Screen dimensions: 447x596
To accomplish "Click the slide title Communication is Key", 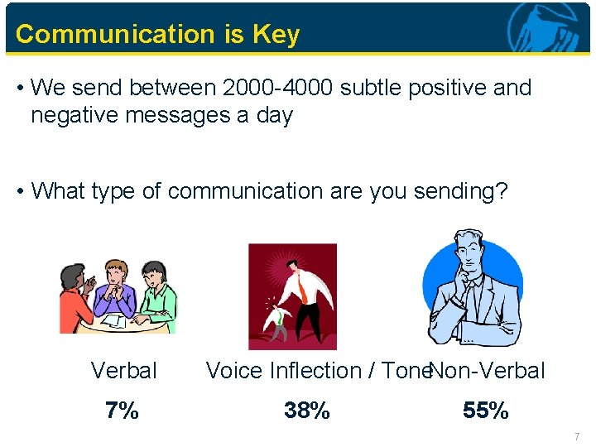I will (157, 35).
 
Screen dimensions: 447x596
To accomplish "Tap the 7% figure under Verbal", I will (122, 410).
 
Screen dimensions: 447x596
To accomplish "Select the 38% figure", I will (307, 410).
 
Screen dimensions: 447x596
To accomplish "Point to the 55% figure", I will (486, 410).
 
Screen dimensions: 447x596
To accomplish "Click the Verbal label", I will (123, 371).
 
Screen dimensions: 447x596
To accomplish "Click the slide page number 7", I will (578, 435).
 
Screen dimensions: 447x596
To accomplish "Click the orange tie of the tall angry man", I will (304, 286).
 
